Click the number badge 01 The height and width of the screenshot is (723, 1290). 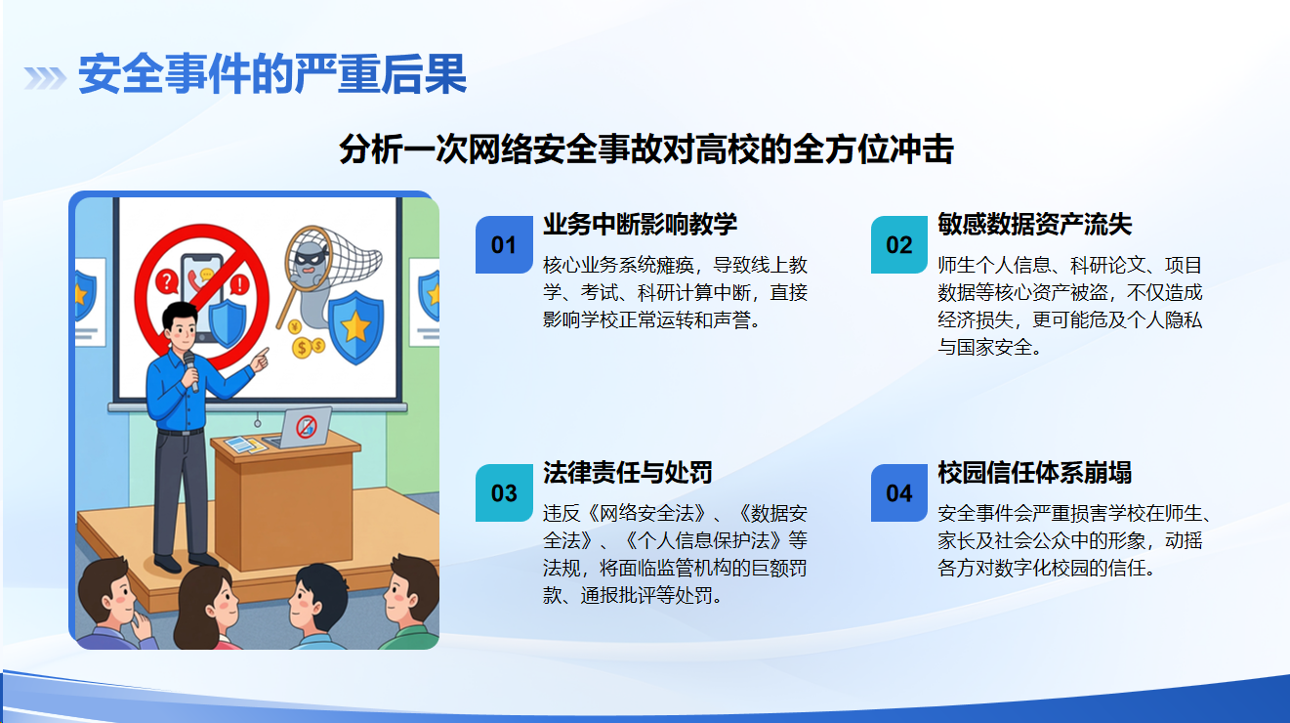(x=504, y=245)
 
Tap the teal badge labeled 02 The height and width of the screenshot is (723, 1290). (x=899, y=245)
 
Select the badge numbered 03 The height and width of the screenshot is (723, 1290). (x=504, y=493)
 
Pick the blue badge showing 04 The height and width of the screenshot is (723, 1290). (x=899, y=493)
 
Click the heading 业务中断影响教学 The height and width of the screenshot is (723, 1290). (x=640, y=225)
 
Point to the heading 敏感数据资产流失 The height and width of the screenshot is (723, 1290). (x=1035, y=225)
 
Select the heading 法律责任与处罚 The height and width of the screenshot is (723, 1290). (x=628, y=473)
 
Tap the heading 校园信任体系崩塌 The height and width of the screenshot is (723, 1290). (x=1035, y=473)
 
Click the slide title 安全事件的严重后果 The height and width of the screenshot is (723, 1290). (x=271, y=74)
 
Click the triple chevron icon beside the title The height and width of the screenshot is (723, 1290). (x=45, y=78)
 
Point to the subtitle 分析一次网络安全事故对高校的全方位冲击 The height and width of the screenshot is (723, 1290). (x=646, y=149)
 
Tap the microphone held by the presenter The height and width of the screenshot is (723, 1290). (x=191, y=371)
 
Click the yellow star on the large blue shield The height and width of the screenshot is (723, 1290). (x=355, y=326)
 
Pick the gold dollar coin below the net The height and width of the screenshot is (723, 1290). (x=301, y=348)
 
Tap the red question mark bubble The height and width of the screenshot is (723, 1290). (x=166, y=281)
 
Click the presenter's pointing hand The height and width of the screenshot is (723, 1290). (x=261, y=359)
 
